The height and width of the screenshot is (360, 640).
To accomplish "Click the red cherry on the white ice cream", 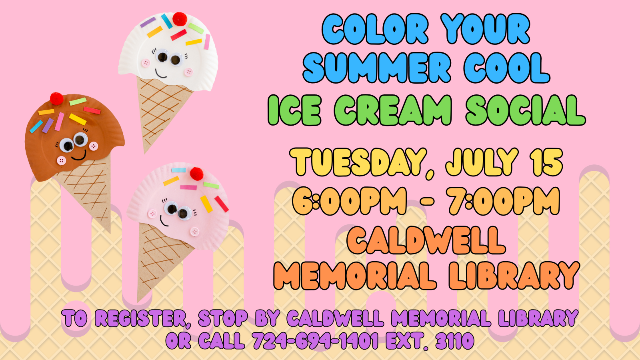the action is (180, 19).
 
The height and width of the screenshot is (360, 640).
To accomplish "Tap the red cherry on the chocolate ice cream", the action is (56, 98).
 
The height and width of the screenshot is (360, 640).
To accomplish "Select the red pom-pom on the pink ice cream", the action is (196, 174).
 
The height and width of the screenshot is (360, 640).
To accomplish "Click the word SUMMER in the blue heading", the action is (377, 68).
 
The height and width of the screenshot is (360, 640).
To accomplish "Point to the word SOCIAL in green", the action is (525, 110).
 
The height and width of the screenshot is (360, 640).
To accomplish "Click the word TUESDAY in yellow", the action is (358, 162).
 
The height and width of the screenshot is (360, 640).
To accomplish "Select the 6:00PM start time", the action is (349, 201).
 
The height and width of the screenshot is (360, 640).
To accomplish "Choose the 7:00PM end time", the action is (504, 201).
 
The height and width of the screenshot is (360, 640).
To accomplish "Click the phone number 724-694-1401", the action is (316, 340).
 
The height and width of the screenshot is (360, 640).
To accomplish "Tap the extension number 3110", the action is (455, 340).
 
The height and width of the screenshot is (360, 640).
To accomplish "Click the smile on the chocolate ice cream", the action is (79, 156).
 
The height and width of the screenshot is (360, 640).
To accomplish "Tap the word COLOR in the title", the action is (375, 28).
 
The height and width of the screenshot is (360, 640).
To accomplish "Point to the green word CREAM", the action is (393, 110).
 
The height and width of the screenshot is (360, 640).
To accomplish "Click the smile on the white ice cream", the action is (161, 74).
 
